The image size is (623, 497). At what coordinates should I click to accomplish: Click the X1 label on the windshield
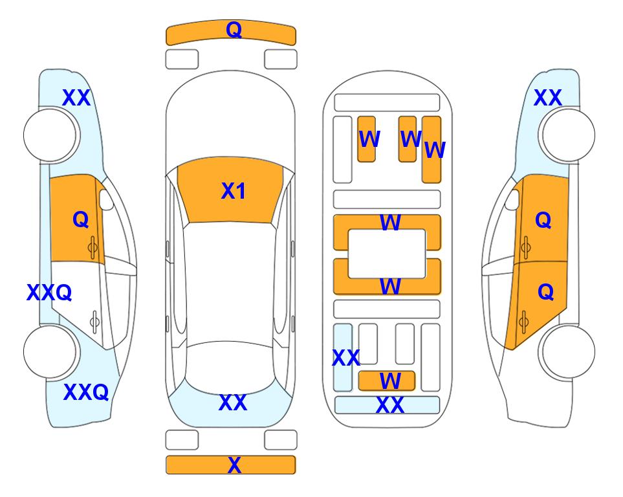click(x=234, y=191)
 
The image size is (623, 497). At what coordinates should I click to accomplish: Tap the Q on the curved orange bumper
click(x=234, y=29)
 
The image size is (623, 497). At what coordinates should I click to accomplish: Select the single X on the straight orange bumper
click(x=234, y=465)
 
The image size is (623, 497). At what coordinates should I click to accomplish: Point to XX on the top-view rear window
click(x=233, y=403)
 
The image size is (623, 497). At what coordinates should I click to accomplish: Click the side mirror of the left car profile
click(x=106, y=199)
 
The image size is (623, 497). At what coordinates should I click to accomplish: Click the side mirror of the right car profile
click(x=512, y=199)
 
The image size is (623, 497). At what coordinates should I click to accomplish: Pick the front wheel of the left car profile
click(x=50, y=135)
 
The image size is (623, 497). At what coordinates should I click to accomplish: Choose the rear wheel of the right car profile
click(x=568, y=351)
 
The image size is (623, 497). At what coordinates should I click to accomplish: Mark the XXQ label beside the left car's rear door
click(x=49, y=293)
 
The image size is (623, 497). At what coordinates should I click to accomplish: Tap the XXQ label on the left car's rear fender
click(x=86, y=392)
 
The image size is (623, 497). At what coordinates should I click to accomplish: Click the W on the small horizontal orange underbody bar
click(x=389, y=381)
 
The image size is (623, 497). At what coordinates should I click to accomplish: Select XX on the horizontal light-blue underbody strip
click(x=389, y=405)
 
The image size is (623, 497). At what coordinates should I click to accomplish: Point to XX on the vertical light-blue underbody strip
click(x=346, y=358)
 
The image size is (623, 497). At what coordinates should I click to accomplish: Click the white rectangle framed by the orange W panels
click(x=387, y=254)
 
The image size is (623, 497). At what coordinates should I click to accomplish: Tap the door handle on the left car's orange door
click(x=93, y=248)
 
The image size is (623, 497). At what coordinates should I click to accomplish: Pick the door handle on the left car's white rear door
click(x=94, y=321)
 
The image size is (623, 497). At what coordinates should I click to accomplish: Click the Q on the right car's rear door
click(x=546, y=293)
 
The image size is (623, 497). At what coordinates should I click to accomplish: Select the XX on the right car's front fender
click(x=548, y=98)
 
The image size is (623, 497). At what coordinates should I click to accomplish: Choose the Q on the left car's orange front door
click(x=81, y=219)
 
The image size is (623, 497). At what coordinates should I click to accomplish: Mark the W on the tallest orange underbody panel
click(x=435, y=150)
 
